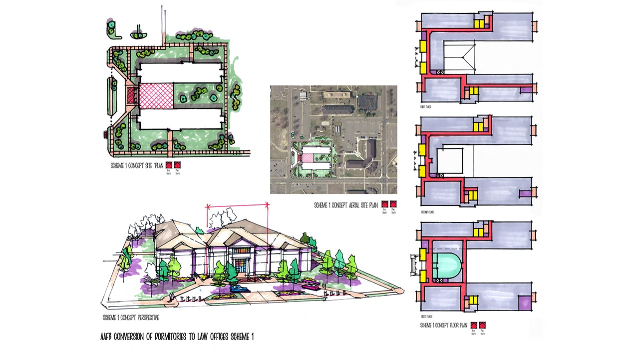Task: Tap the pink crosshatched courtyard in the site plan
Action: pos(156,95)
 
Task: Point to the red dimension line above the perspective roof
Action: pos(238,204)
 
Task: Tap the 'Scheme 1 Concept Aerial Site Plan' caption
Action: pos(345,205)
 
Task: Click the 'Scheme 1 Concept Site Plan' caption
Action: pos(137,164)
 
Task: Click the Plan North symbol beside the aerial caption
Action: pos(393,204)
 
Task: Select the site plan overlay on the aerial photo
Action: pos(313,158)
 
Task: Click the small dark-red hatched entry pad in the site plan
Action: pos(132,95)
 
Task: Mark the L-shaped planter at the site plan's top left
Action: pos(114,29)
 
